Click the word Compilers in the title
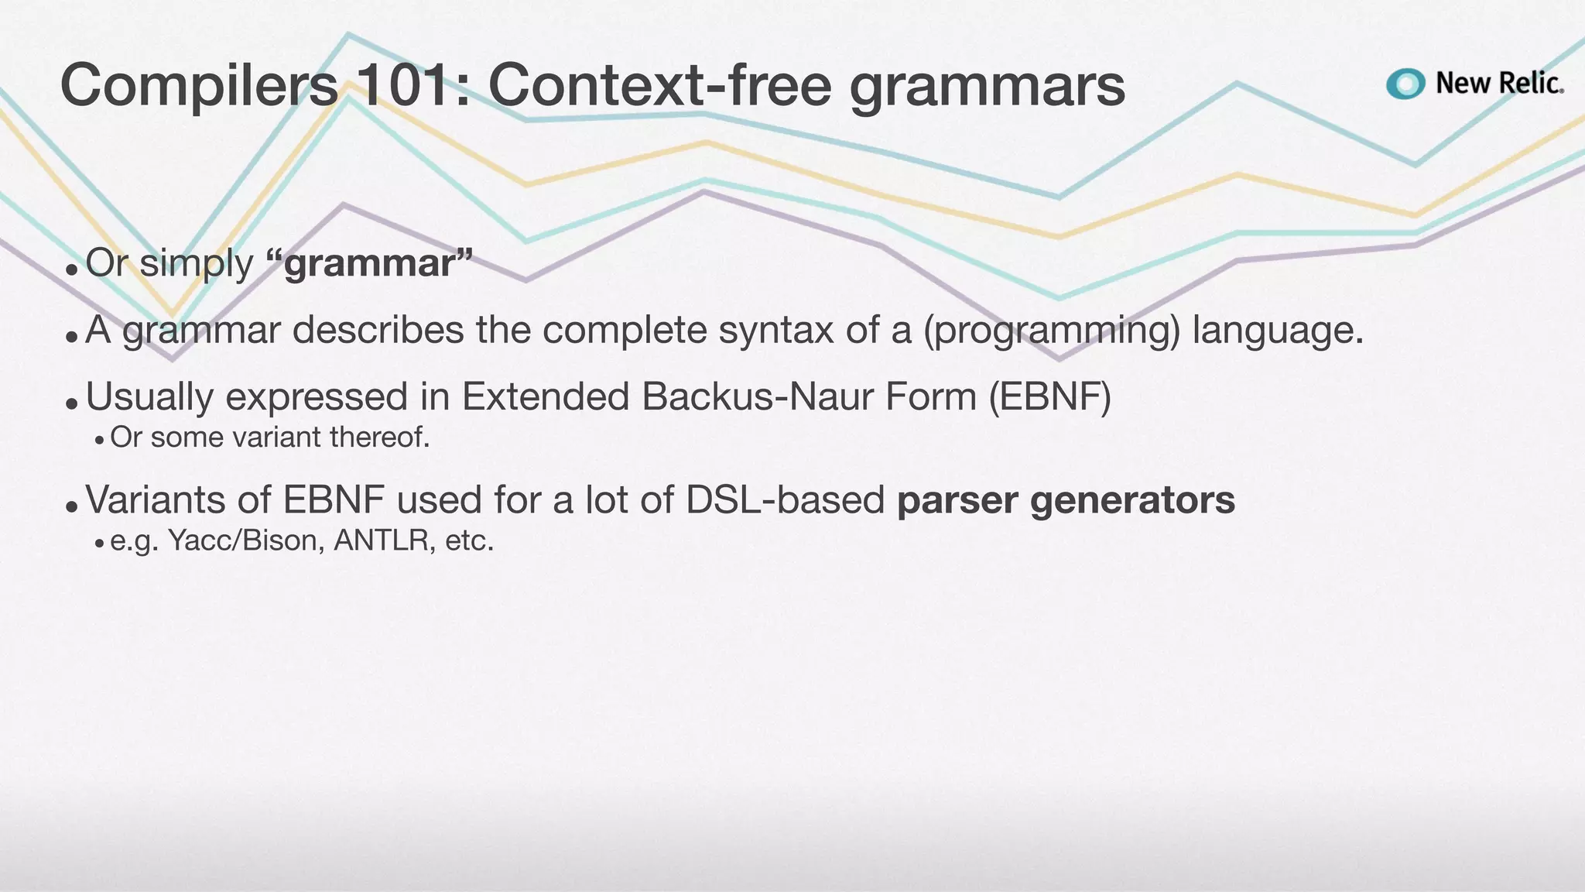pyautogui.click(x=199, y=85)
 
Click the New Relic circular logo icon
pyautogui.click(x=1405, y=84)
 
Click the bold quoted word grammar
pyautogui.click(x=369, y=263)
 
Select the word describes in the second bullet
pyautogui.click(x=377, y=330)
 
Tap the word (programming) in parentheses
pyautogui.click(x=1051, y=330)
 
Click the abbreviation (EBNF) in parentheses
pyautogui.click(x=1049, y=396)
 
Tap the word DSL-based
pyautogui.click(x=785, y=499)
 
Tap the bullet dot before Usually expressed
pyautogui.click(x=71, y=403)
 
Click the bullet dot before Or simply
pyautogui.click(x=71, y=270)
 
